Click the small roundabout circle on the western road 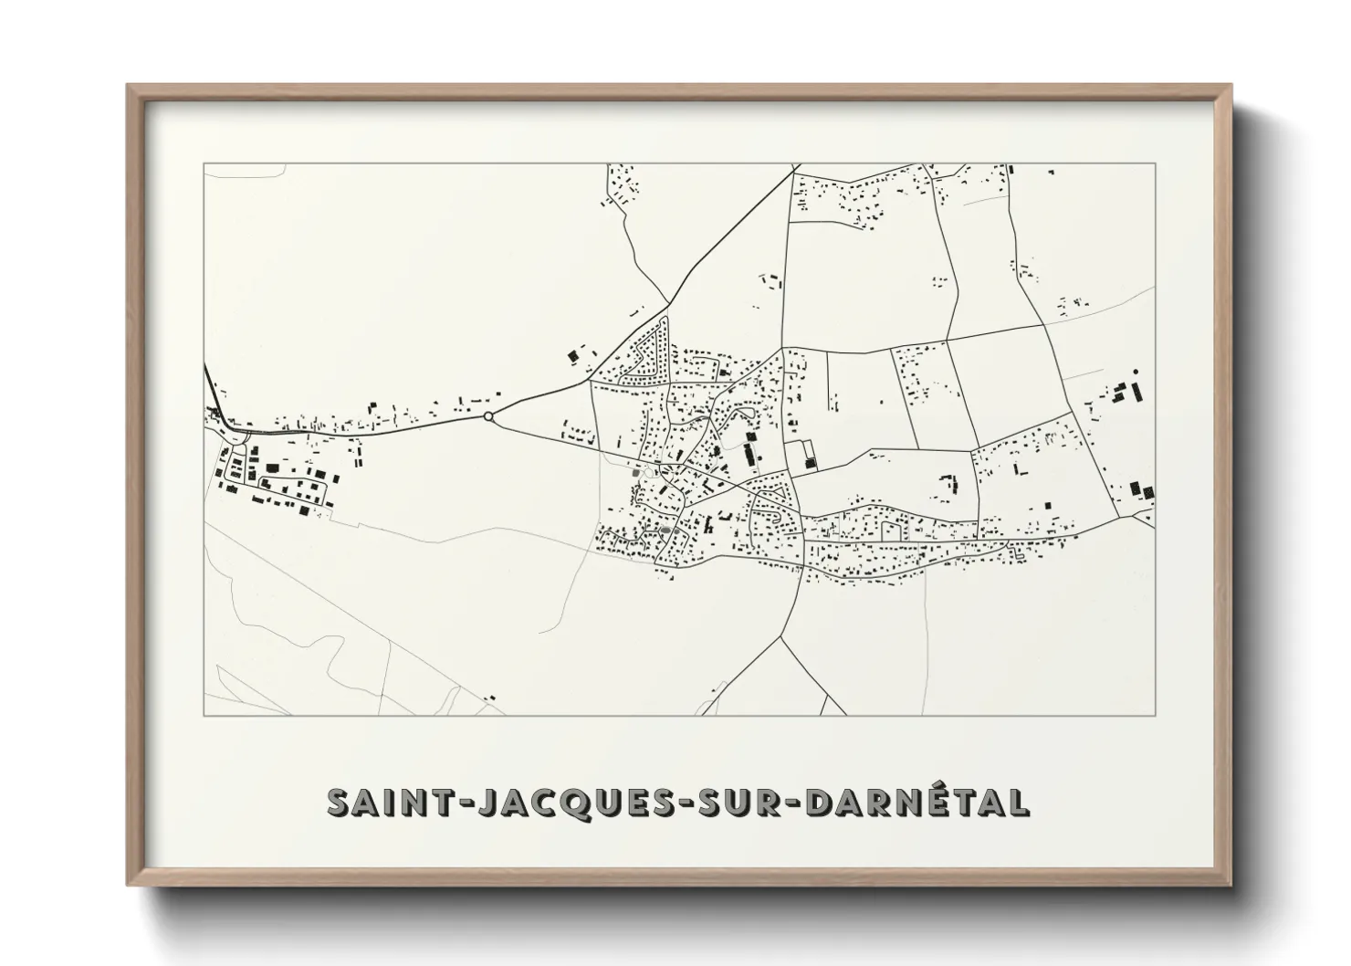[x=488, y=416]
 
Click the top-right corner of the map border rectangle [x=1156, y=163]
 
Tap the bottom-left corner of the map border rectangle [x=204, y=715]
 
